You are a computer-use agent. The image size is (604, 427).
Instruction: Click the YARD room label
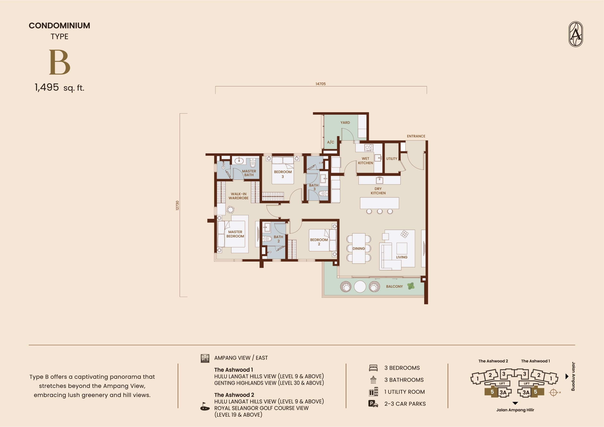[345, 123]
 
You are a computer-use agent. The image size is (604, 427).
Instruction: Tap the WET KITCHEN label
[365, 161]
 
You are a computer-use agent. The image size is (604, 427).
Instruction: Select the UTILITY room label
[392, 159]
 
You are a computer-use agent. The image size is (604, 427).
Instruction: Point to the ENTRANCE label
[416, 136]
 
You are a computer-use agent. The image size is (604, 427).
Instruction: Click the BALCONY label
[394, 286]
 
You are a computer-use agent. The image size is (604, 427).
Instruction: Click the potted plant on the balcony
[411, 286]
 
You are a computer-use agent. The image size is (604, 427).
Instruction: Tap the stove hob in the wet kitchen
[369, 148]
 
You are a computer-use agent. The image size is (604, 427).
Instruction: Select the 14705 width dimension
[321, 84]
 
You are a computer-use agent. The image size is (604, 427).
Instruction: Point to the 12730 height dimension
[177, 205]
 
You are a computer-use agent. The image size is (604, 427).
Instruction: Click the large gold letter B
[60, 62]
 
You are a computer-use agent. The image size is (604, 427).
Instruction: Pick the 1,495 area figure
[46, 87]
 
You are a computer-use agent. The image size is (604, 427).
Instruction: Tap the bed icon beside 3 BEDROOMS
[373, 368]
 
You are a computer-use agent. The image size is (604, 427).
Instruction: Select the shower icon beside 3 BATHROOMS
[373, 380]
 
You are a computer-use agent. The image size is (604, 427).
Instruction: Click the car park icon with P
[373, 404]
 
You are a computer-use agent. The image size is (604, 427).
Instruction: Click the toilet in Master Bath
[253, 163]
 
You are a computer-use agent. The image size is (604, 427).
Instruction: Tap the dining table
[359, 248]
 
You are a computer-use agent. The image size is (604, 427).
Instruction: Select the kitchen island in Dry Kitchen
[379, 203]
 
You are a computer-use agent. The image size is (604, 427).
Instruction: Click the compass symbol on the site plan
[553, 393]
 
